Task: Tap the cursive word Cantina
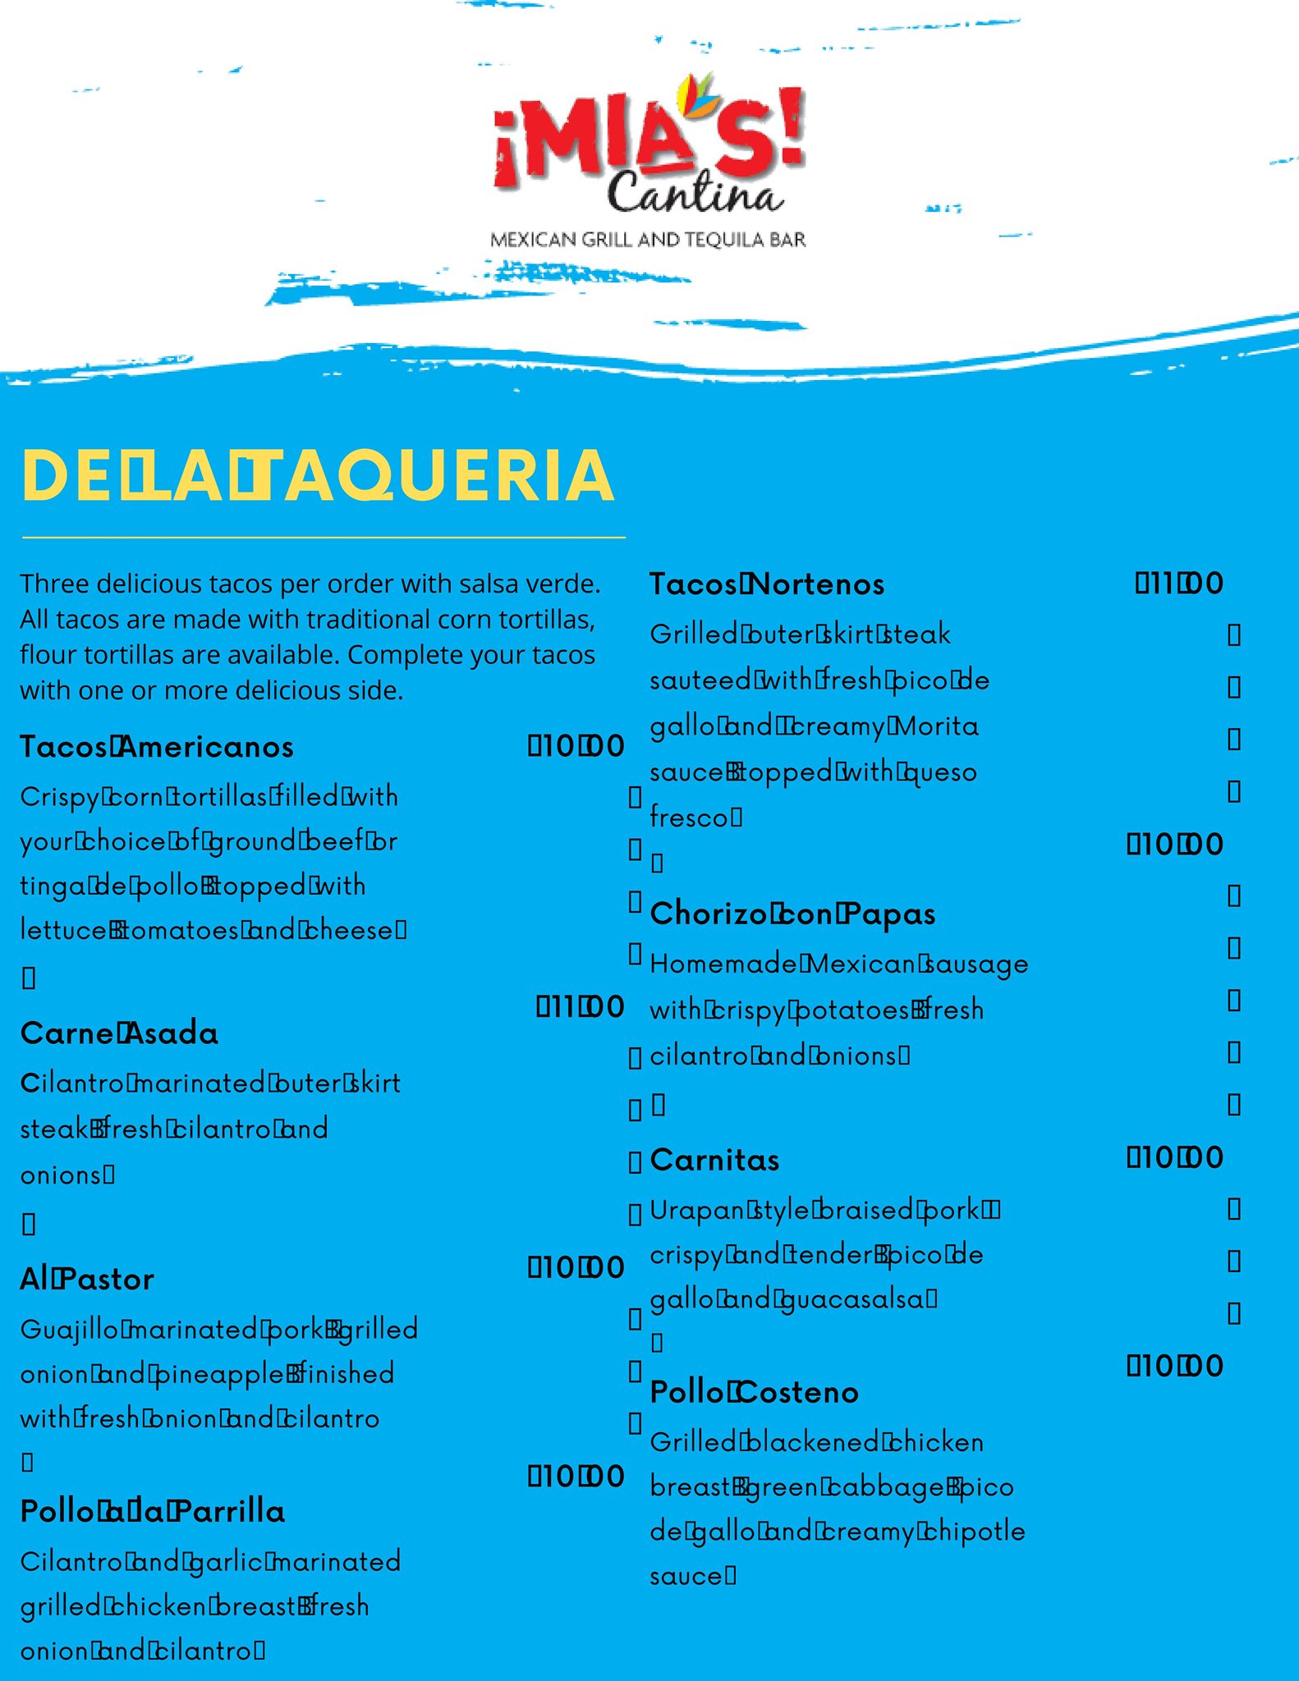695,194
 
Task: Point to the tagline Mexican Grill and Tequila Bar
648,240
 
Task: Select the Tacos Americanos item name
157,747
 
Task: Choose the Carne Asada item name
119,1033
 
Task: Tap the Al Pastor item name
87,1279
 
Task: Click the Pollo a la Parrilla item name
153,1511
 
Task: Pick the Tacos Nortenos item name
767,584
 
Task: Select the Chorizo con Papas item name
792,914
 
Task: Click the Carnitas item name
714,1160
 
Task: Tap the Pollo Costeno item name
754,1392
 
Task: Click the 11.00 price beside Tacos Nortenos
1180,584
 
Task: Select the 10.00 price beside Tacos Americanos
576,746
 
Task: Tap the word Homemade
723,964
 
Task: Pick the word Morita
937,726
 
